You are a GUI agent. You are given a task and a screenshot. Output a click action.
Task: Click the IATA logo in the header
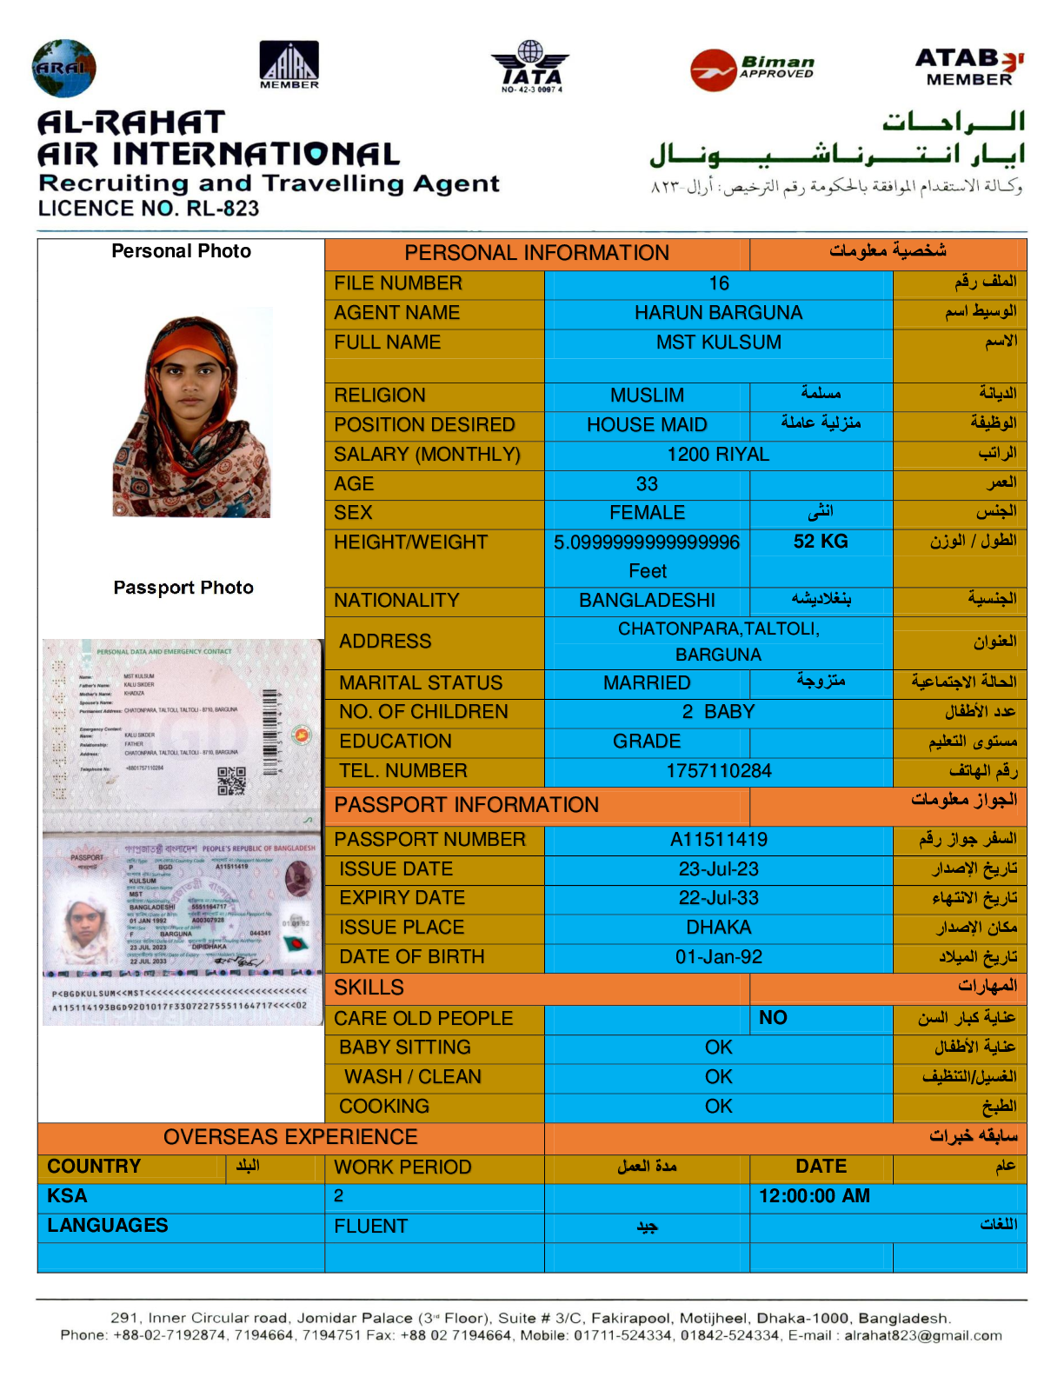[530, 66]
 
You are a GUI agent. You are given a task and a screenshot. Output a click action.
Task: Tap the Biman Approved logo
[753, 69]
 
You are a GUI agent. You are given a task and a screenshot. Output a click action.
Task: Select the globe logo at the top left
[63, 68]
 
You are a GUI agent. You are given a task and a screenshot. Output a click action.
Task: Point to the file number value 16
[719, 283]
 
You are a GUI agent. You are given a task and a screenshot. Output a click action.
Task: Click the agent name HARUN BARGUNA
[718, 313]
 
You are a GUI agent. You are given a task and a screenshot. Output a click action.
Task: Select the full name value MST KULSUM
[718, 343]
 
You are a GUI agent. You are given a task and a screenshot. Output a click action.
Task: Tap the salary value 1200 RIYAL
[718, 455]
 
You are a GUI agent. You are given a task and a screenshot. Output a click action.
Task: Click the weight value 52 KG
[821, 542]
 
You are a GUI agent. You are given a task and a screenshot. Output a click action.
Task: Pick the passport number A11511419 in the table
[719, 840]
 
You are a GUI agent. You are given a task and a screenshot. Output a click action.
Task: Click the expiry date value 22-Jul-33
[719, 898]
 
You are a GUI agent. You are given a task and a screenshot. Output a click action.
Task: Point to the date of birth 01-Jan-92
[719, 957]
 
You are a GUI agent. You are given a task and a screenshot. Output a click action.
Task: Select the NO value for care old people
[773, 1018]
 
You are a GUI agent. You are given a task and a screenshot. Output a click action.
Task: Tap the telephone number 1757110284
[719, 771]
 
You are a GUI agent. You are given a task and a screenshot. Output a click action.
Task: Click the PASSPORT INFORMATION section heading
[467, 805]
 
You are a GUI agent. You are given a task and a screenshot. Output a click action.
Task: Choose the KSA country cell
[68, 1196]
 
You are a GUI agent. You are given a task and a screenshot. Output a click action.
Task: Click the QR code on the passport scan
[231, 781]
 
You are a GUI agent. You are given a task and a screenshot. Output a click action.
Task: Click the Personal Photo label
[182, 251]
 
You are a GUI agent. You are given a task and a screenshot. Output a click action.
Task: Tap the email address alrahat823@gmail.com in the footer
[923, 1335]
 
